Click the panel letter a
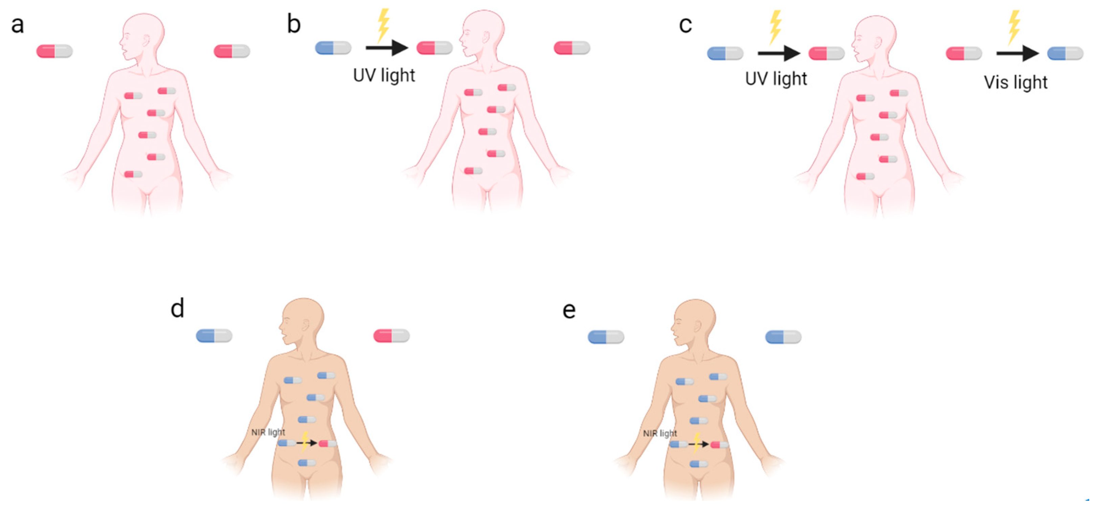click(x=17, y=25)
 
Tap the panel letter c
click(x=685, y=25)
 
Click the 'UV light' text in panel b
click(x=384, y=75)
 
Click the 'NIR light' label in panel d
click(x=268, y=432)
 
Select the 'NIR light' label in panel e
click(x=660, y=433)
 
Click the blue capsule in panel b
click(x=333, y=48)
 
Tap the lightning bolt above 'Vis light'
click(x=1014, y=26)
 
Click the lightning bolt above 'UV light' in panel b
click(x=383, y=25)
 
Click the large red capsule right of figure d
click(x=392, y=336)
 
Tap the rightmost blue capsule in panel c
click(x=1065, y=53)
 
